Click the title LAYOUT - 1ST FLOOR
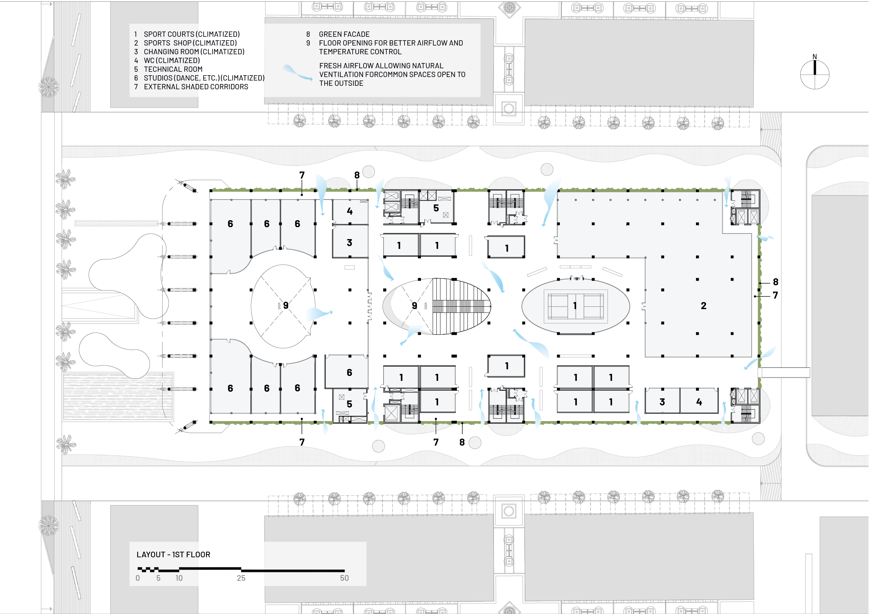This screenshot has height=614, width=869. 173,554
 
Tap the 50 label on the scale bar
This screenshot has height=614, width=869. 344,578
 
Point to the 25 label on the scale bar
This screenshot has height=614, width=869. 241,578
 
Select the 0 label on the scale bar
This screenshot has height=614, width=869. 138,578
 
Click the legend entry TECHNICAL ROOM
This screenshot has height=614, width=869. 173,69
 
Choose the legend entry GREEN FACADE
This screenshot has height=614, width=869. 344,34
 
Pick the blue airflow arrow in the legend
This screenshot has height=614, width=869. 297,72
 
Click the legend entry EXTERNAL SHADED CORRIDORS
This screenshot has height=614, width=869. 196,86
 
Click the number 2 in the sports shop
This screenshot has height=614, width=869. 703,306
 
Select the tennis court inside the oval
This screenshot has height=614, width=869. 575,305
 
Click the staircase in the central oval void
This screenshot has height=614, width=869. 460,306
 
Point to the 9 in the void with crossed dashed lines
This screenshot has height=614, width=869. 286,305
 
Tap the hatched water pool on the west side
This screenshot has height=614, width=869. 118,396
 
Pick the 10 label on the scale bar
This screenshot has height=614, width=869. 179,578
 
